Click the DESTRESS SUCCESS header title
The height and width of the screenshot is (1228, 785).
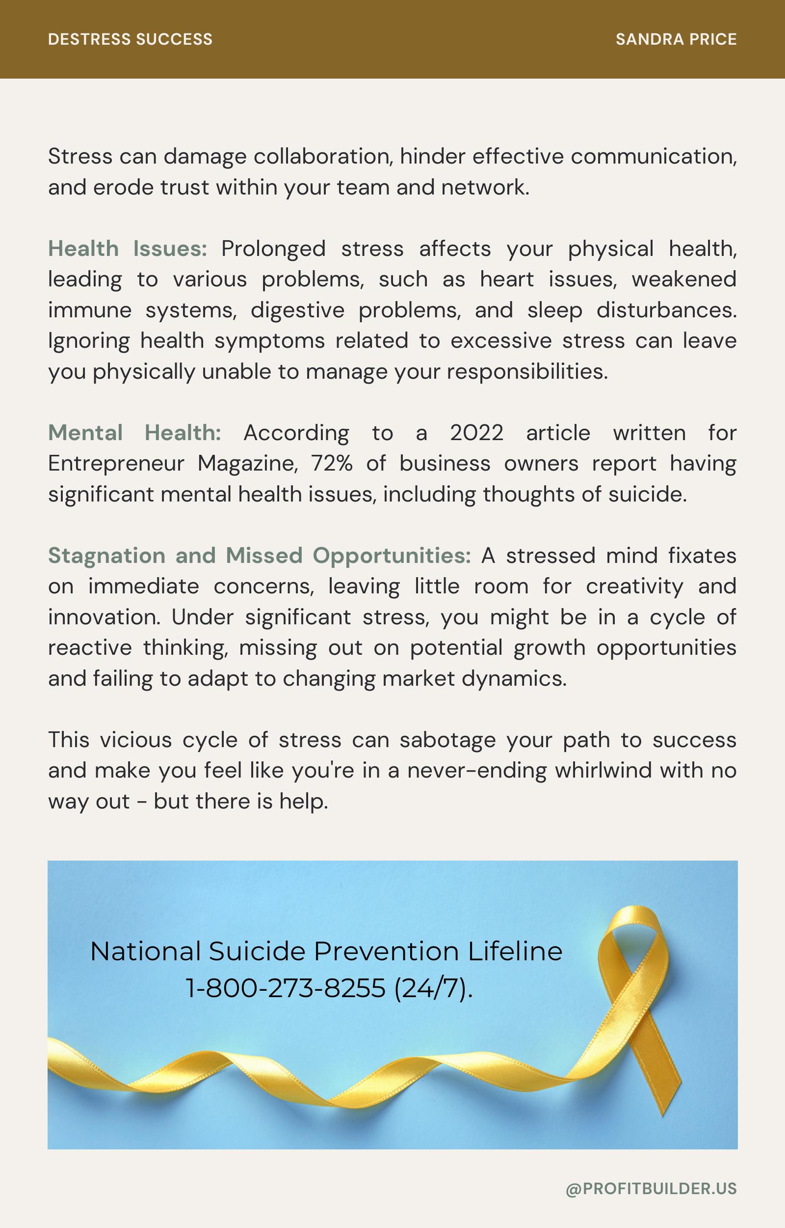click(x=130, y=39)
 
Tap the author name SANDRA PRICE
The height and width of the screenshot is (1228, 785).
click(x=676, y=39)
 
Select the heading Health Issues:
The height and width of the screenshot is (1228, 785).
click(x=128, y=249)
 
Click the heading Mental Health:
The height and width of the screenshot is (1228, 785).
click(x=134, y=433)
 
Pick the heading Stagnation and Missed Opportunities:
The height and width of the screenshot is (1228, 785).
click(x=260, y=556)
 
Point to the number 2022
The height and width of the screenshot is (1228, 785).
click(x=476, y=433)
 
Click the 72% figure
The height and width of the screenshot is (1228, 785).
click(x=332, y=464)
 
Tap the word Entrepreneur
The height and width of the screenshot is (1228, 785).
click(x=116, y=464)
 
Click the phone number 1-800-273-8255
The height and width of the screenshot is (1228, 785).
click(x=286, y=988)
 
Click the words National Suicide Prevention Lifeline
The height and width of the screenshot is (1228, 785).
click(x=326, y=951)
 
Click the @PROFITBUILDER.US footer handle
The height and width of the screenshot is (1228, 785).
click(x=651, y=1189)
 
